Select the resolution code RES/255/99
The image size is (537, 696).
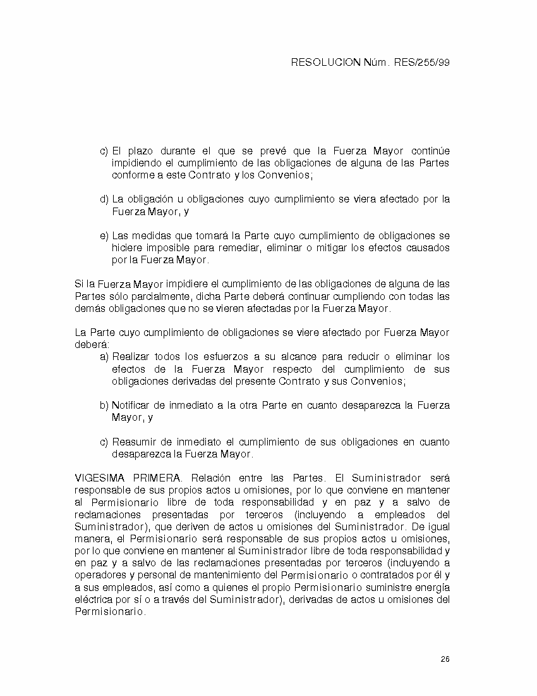click(x=421, y=63)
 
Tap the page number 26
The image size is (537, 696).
click(x=445, y=659)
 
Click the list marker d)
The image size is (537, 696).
click(x=104, y=199)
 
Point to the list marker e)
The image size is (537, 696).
click(x=104, y=236)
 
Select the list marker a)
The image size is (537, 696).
click(x=104, y=357)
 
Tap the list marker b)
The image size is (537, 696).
click(x=104, y=406)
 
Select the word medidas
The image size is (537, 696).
click(x=153, y=236)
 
